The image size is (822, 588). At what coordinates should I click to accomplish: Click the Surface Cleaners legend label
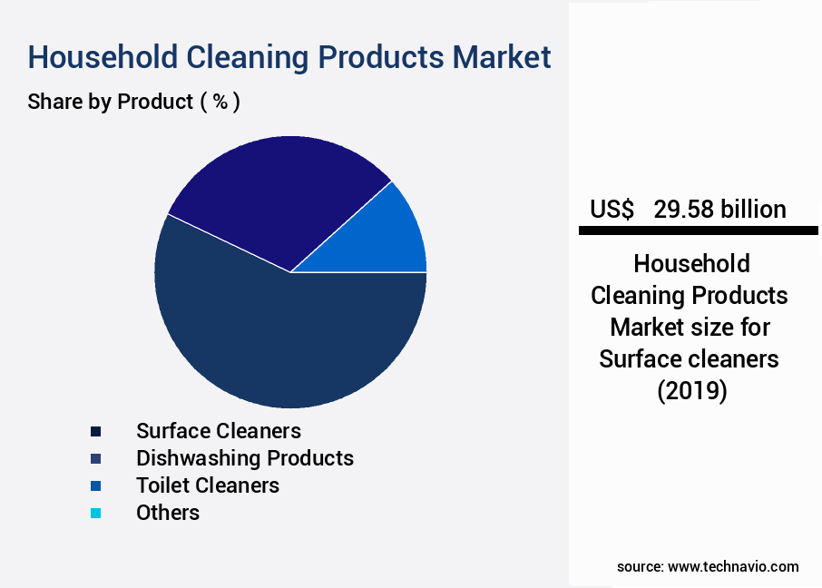pyautogui.click(x=218, y=430)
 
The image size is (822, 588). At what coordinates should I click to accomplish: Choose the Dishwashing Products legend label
pyautogui.click(x=244, y=457)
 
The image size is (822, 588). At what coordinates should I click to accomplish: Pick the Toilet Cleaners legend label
pyautogui.click(x=207, y=485)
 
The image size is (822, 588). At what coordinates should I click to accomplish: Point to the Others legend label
pyautogui.click(x=168, y=512)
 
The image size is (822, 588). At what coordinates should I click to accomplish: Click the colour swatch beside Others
pyautogui.click(x=95, y=513)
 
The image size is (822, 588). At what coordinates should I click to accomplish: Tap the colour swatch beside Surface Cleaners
pyautogui.click(x=95, y=431)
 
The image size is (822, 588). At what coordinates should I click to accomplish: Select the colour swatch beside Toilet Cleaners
pyautogui.click(x=95, y=485)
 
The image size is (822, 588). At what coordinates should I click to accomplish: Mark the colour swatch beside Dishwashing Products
pyautogui.click(x=95, y=458)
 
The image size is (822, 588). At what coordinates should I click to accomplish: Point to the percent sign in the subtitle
pyautogui.click(x=220, y=102)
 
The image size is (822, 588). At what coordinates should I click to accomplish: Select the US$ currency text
pyautogui.click(x=612, y=210)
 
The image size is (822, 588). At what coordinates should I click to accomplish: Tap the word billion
pyautogui.click(x=753, y=210)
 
